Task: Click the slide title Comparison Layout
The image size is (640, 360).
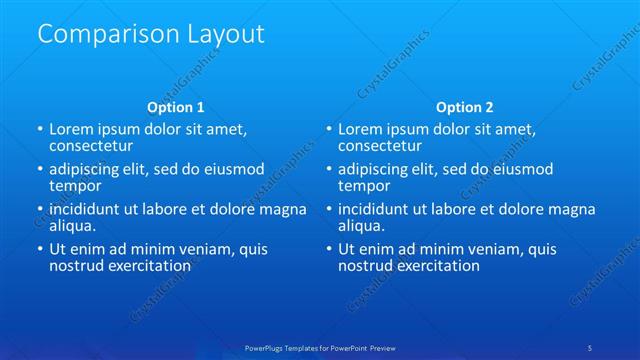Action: (151, 33)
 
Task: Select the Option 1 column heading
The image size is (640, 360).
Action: (176, 106)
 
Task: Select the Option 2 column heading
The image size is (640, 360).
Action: (465, 106)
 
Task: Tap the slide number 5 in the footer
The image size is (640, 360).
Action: (589, 347)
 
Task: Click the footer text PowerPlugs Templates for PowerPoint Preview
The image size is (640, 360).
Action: (320, 347)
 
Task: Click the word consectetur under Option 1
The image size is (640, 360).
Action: (92, 146)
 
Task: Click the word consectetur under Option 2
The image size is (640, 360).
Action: (380, 146)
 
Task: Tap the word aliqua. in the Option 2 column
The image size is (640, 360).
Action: (363, 226)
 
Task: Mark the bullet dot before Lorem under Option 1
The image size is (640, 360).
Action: (39, 130)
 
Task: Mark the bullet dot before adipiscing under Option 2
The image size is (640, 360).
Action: (328, 170)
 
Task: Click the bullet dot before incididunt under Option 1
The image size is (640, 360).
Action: (39, 210)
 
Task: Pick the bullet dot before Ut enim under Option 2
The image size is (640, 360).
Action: (328, 250)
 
